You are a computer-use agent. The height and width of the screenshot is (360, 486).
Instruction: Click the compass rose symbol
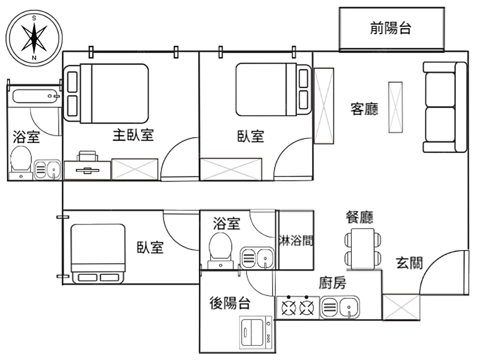tap(34, 38)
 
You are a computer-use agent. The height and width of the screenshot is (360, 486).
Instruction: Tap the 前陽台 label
tap(391, 28)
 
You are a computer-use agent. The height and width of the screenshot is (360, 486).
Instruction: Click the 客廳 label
tap(364, 109)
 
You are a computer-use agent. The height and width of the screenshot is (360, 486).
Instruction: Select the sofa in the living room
tap(444, 107)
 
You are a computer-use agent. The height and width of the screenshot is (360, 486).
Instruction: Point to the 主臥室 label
tap(133, 135)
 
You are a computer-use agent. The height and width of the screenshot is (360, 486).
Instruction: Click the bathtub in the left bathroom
tap(35, 95)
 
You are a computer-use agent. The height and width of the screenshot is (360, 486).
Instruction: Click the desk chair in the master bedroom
tap(87, 155)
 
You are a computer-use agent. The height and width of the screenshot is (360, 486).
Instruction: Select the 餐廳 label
tap(359, 216)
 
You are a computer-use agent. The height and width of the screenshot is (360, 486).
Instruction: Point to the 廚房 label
tap(332, 283)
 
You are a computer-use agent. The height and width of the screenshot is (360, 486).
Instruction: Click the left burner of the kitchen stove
tap(289, 307)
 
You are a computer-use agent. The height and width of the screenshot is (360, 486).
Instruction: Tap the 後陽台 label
tap(230, 303)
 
